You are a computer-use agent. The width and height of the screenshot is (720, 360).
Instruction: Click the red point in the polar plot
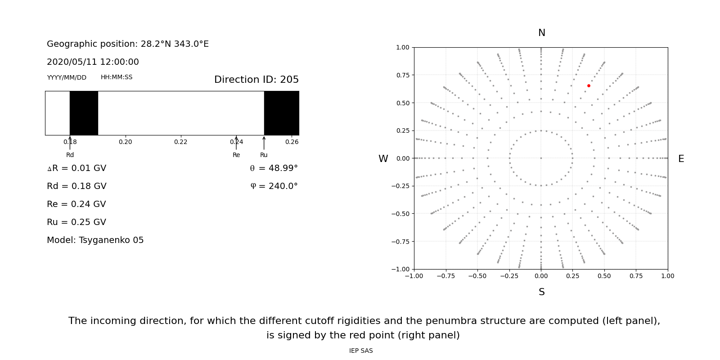point(589,85)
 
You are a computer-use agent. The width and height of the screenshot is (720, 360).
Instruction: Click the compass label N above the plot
point(541,33)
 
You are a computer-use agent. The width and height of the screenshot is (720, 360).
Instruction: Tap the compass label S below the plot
point(541,292)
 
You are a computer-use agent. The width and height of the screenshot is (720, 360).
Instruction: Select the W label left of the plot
point(383,159)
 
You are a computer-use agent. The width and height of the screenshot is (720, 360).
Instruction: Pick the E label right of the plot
point(681,159)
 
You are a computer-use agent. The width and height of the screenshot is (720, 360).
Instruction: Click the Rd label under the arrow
point(70,155)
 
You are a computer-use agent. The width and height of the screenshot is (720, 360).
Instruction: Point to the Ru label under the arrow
point(264,155)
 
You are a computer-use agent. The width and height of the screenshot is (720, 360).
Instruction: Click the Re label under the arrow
point(236,155)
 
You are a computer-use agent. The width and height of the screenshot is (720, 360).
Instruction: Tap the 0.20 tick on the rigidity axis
point(125,142)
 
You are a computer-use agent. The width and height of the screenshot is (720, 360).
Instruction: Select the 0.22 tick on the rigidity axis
point(180,142)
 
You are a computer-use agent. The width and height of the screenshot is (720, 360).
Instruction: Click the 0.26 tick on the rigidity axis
point(292,142)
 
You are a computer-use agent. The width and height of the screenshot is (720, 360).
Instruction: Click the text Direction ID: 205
point(256,80)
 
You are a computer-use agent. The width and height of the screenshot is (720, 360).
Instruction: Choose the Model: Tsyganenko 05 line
point(95,240)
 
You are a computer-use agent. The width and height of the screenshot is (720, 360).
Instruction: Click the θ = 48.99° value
point(274,168)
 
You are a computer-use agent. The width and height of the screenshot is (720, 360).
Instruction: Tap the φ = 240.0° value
point(274,186)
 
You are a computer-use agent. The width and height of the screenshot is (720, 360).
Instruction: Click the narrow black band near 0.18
point(84,113)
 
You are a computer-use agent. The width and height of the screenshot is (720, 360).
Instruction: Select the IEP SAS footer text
point(361,351)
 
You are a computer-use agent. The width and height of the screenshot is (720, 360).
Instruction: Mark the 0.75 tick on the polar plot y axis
point(403,75)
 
